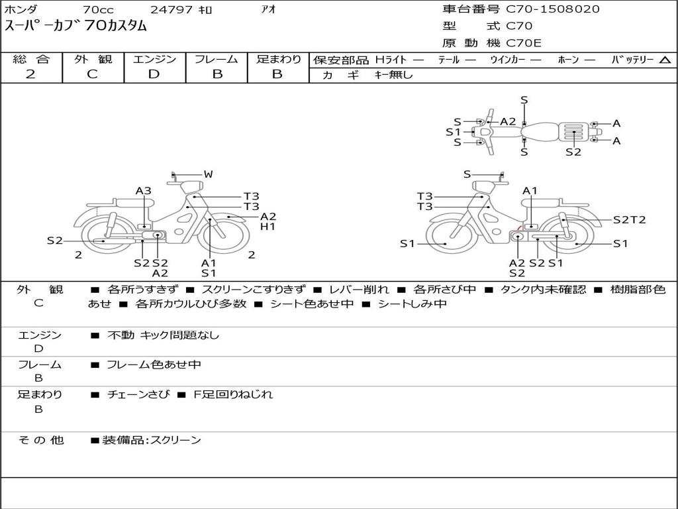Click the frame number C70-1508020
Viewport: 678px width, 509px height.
point(553,9)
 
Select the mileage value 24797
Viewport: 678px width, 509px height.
point(171,9)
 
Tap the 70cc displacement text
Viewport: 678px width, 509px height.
point(98,9)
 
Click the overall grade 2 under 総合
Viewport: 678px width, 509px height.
point(30,74)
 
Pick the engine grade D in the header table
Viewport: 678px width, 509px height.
point(154,74)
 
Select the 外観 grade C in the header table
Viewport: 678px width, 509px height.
point(92,74)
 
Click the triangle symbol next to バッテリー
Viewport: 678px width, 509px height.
point(665,60)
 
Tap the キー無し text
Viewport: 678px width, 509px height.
point(393,75)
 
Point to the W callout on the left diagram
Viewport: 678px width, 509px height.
point(209,174)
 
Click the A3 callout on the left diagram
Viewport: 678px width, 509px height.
point(144,190)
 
